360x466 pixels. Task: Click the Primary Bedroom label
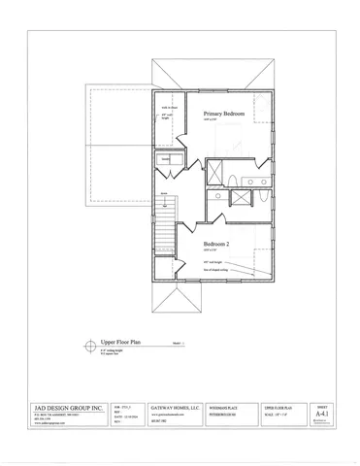point(223,115)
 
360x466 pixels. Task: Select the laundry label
point(166,158)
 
